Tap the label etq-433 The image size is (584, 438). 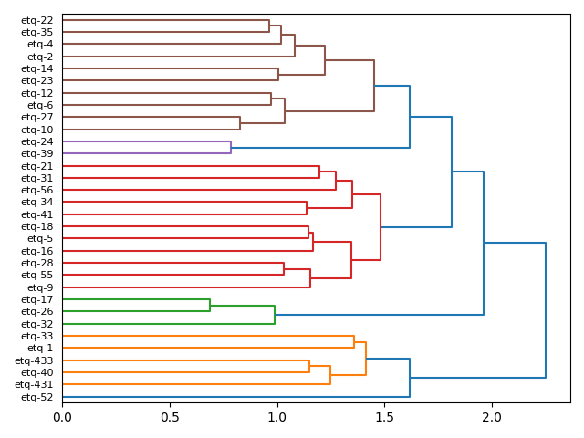[34, 360]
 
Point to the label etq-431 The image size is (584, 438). [34, 384]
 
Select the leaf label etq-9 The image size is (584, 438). [39, 287]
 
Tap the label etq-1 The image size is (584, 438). [39, 348]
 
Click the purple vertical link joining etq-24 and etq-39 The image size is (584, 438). [231, 148]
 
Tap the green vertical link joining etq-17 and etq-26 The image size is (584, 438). [210, 306]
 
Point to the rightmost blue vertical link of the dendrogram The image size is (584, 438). [546, 310]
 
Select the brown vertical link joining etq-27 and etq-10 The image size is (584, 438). [240, 123]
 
